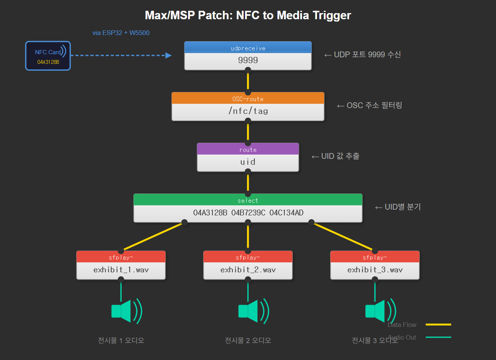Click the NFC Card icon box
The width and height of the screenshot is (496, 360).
(x=48, y=56)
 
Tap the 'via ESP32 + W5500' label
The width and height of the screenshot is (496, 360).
(x=121, y=33)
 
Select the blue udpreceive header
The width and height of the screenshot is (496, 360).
(x=248, y=48)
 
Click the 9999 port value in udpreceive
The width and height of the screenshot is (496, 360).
(x=248, y=60)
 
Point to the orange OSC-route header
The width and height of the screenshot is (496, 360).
(x=248, y=98)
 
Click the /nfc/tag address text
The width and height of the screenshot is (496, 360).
(x=248, y=111)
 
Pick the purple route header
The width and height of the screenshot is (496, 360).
(x=248, y=149)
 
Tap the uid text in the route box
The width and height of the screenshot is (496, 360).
(x=248, y=162)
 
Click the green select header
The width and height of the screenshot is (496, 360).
(x=248, y=200)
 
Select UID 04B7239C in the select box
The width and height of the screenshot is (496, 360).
(x=248, y=213)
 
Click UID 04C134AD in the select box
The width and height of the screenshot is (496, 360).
(x=286, y=213)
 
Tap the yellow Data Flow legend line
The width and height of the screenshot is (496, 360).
(x=438, y=325)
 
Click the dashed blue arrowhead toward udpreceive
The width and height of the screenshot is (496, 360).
(x=168, y=55)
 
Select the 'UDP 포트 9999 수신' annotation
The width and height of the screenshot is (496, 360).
(x=367, y=55)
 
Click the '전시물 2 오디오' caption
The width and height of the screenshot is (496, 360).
(x=248, y=340)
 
